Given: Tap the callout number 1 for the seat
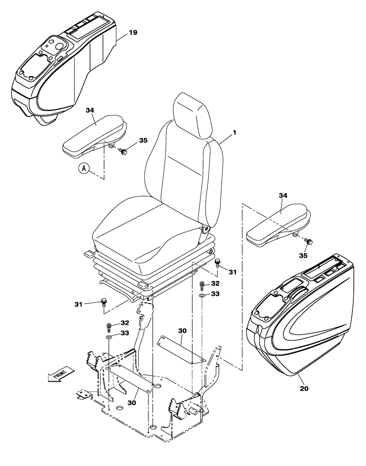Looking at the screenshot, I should [x=235, y=132].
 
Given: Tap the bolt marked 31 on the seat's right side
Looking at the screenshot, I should [x=218, y=263].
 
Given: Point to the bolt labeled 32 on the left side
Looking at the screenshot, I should [x=108, y=325].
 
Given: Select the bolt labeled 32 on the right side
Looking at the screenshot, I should [x=202, y=284].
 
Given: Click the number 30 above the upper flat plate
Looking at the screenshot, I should [x=182, y=330].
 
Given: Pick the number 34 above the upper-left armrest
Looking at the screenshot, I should [x=90, y=110].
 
